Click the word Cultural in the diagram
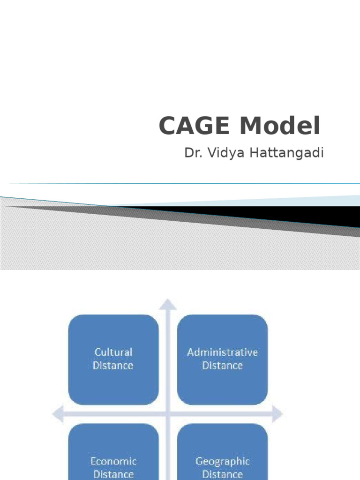113,352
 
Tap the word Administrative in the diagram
222,352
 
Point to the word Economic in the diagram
113,461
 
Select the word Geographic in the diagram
222,461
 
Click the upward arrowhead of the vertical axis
168,304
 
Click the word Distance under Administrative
222,365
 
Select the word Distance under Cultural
113,365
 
